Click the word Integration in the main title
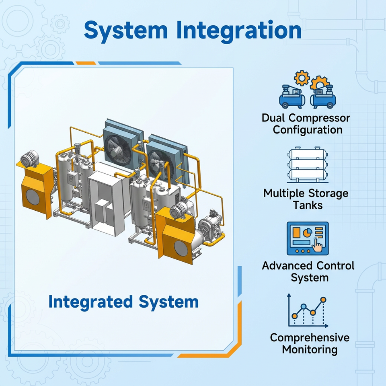tap(240, 31)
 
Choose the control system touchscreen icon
tap(308, 239)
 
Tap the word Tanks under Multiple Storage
tap(308, 205)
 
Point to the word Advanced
tap(287, 266)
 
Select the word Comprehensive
tap(310, 337)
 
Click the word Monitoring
tap(310, 349)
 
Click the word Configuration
tap(308, 130)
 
